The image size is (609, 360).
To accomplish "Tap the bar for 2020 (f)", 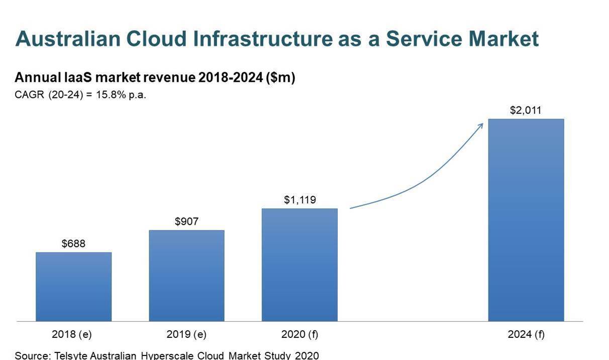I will [x=299, y=265].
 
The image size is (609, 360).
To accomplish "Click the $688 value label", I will [x=73, y=244].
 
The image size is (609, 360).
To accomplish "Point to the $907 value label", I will [x=186, y=221].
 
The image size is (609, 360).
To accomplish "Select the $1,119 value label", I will [x=300, y=200].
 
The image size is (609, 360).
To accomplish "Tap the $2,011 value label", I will [x=526, y=110].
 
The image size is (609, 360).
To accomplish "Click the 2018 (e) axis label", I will [x=72, y=334].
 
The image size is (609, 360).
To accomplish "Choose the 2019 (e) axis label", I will [x=186, y=334].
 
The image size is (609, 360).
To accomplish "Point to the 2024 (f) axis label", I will [x=526, y=334].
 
